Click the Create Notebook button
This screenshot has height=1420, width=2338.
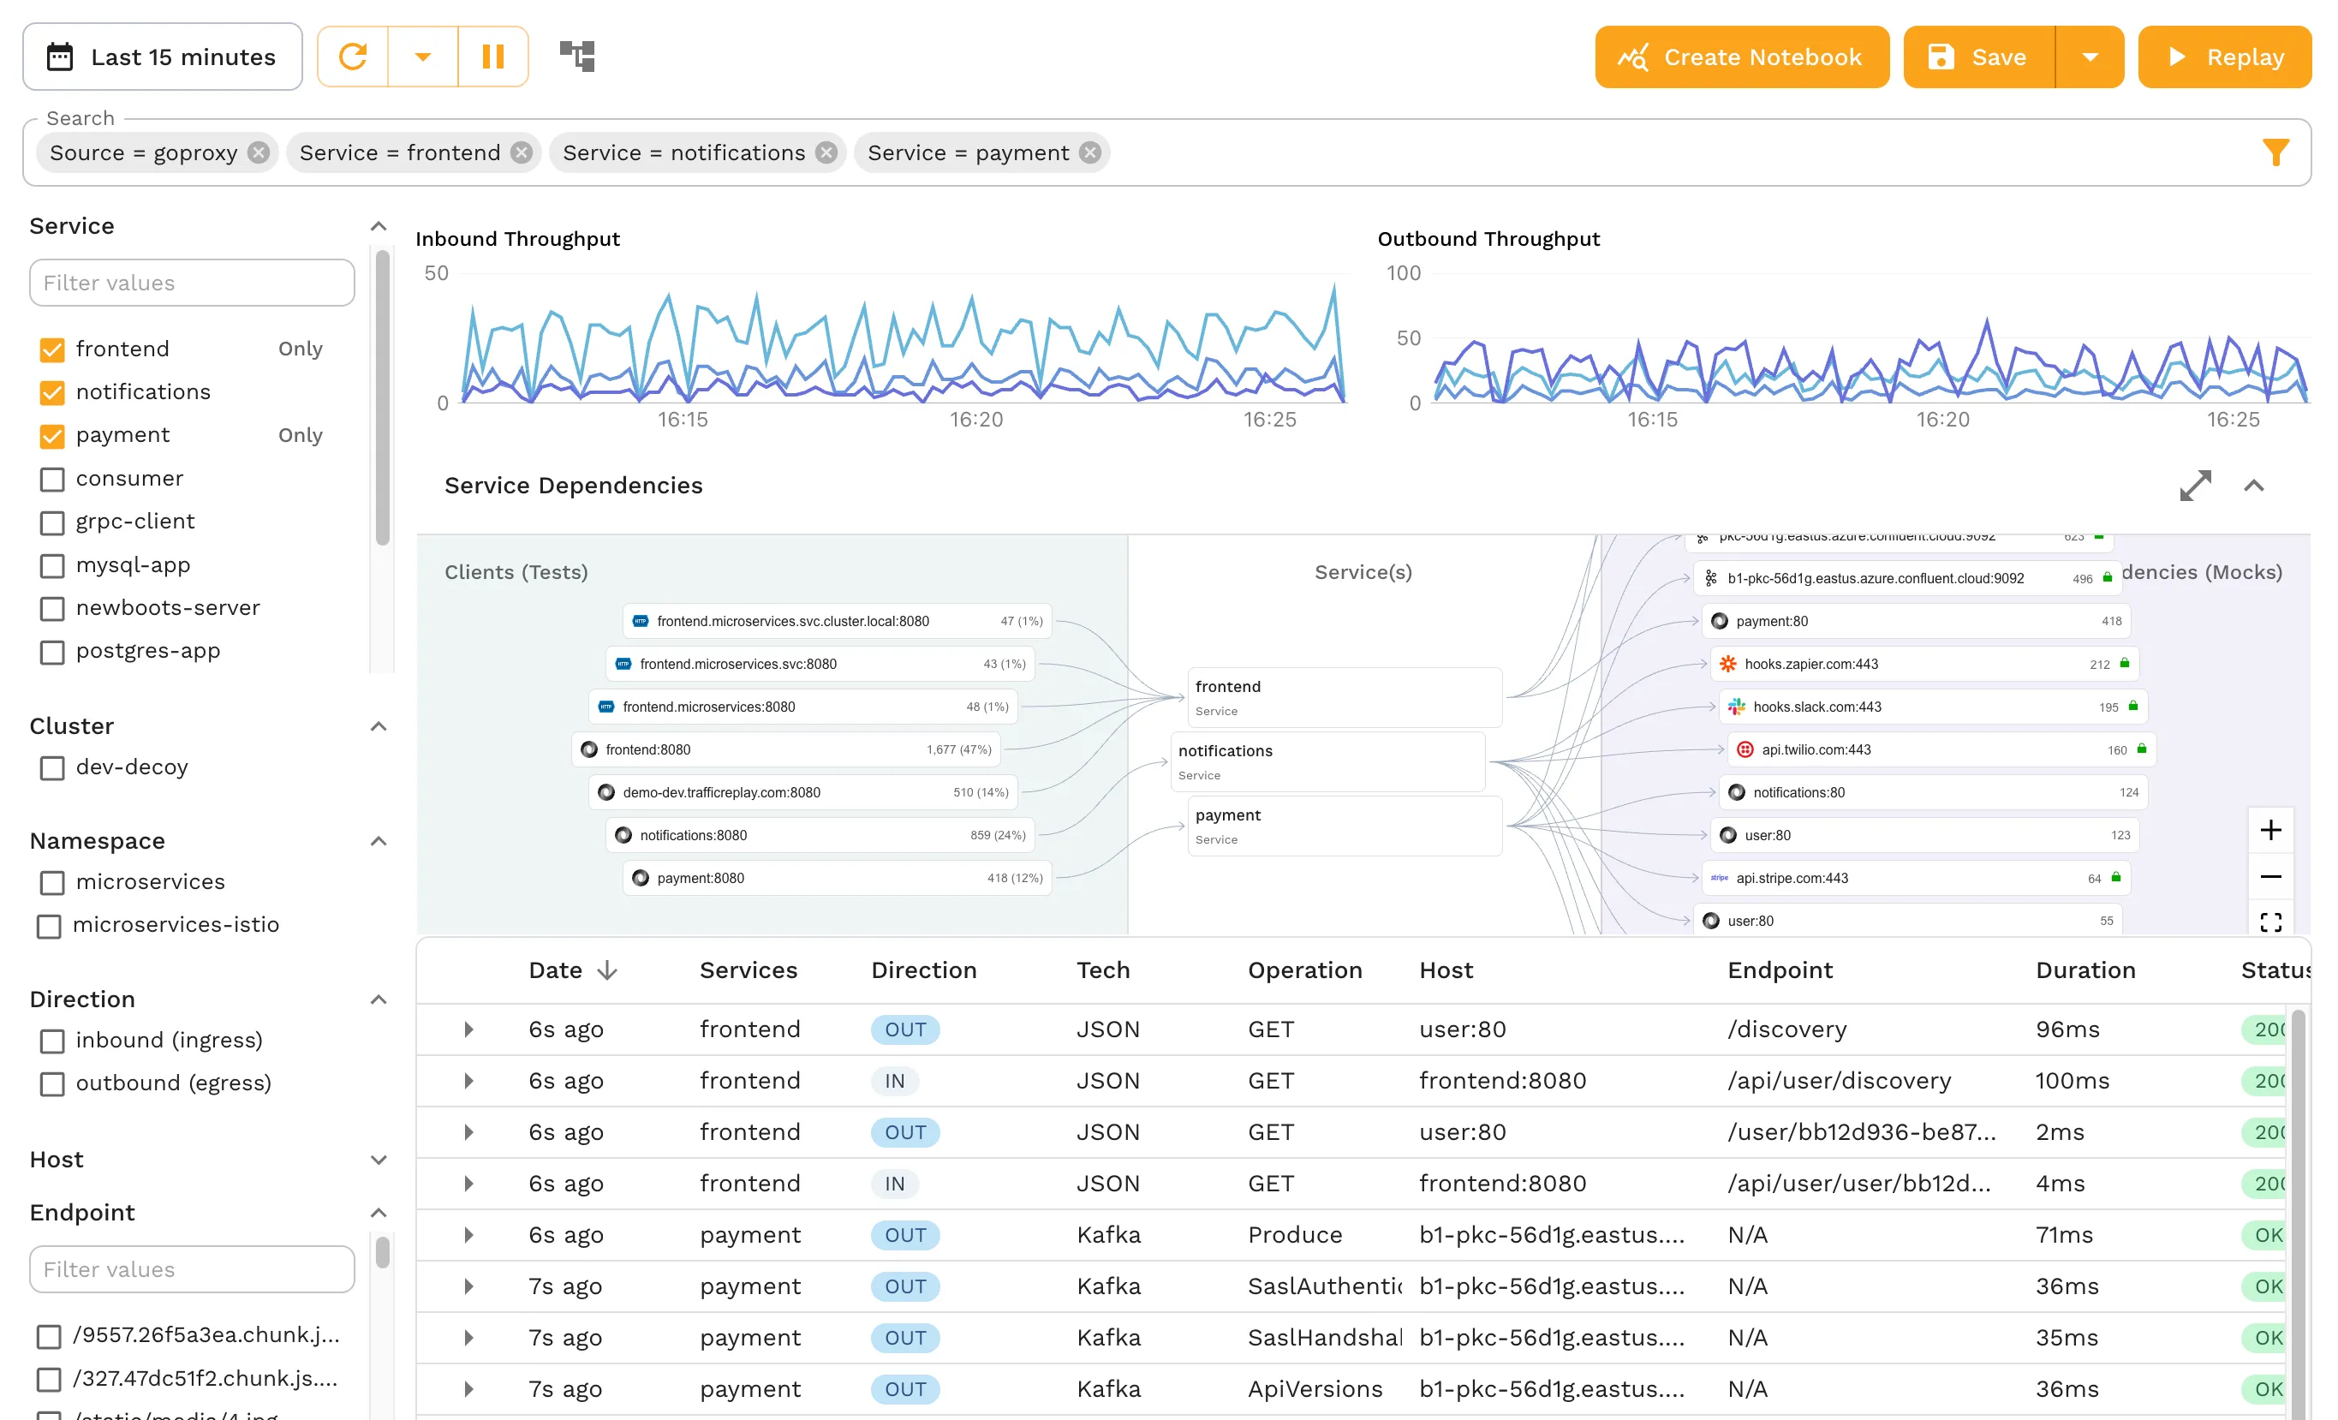(1741, 57)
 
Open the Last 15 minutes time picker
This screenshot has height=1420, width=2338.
(162, 57)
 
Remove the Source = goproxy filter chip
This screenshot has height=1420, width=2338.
(258, 152)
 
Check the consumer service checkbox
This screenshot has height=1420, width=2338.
(52, 480)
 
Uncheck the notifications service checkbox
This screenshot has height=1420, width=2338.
(52, 392)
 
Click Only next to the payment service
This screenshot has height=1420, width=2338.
(300, 436)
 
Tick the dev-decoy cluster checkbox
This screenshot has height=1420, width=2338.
(52, 768)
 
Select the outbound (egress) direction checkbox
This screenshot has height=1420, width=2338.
(52, 1084)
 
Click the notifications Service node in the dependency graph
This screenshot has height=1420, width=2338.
(1327, 761)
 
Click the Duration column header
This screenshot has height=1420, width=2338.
(2085, 970)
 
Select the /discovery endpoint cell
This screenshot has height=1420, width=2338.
(1786, 1029)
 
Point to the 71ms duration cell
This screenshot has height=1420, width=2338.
(2064, 1235)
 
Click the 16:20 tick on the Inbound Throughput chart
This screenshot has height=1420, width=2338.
(975, 420)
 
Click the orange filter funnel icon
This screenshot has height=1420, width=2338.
(2275, 152)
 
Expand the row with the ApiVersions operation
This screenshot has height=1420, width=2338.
(468, 1390)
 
